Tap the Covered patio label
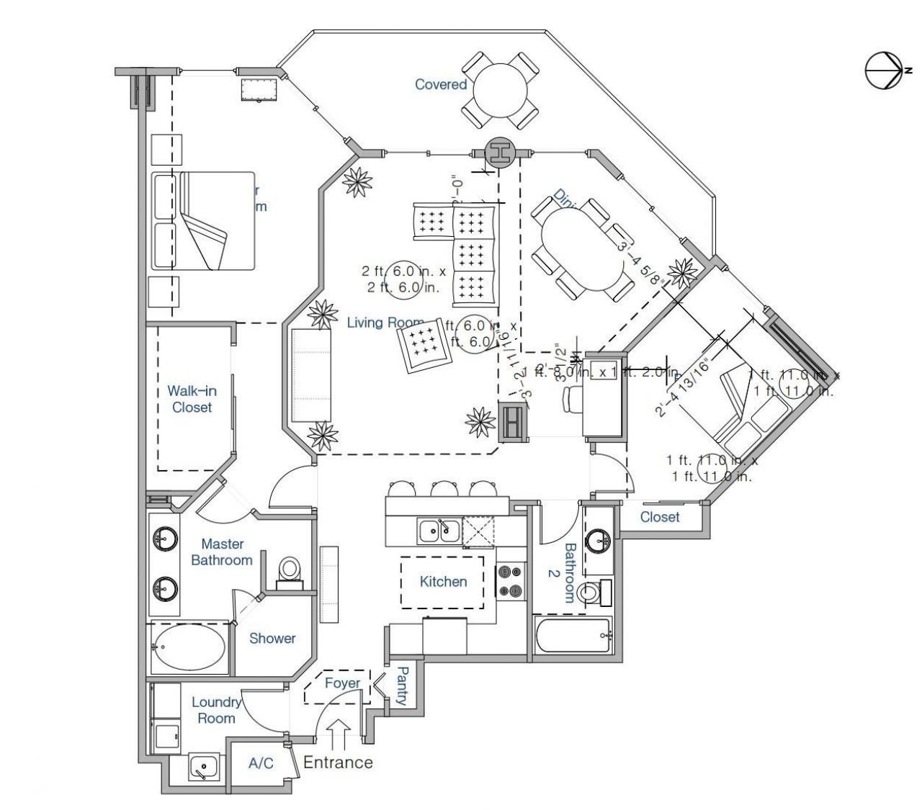pos(441,84)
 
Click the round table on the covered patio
pos(500,89)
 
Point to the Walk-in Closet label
pos(192,399)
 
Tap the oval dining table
pos(583,249)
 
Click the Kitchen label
pos(443,581)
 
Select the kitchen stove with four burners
pos(507,582)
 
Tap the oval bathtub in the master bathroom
pos(189,647)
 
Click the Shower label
pos(272,638)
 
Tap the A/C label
pos(261,763)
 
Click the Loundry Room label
pos(216,710)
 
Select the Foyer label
pos(342,683)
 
